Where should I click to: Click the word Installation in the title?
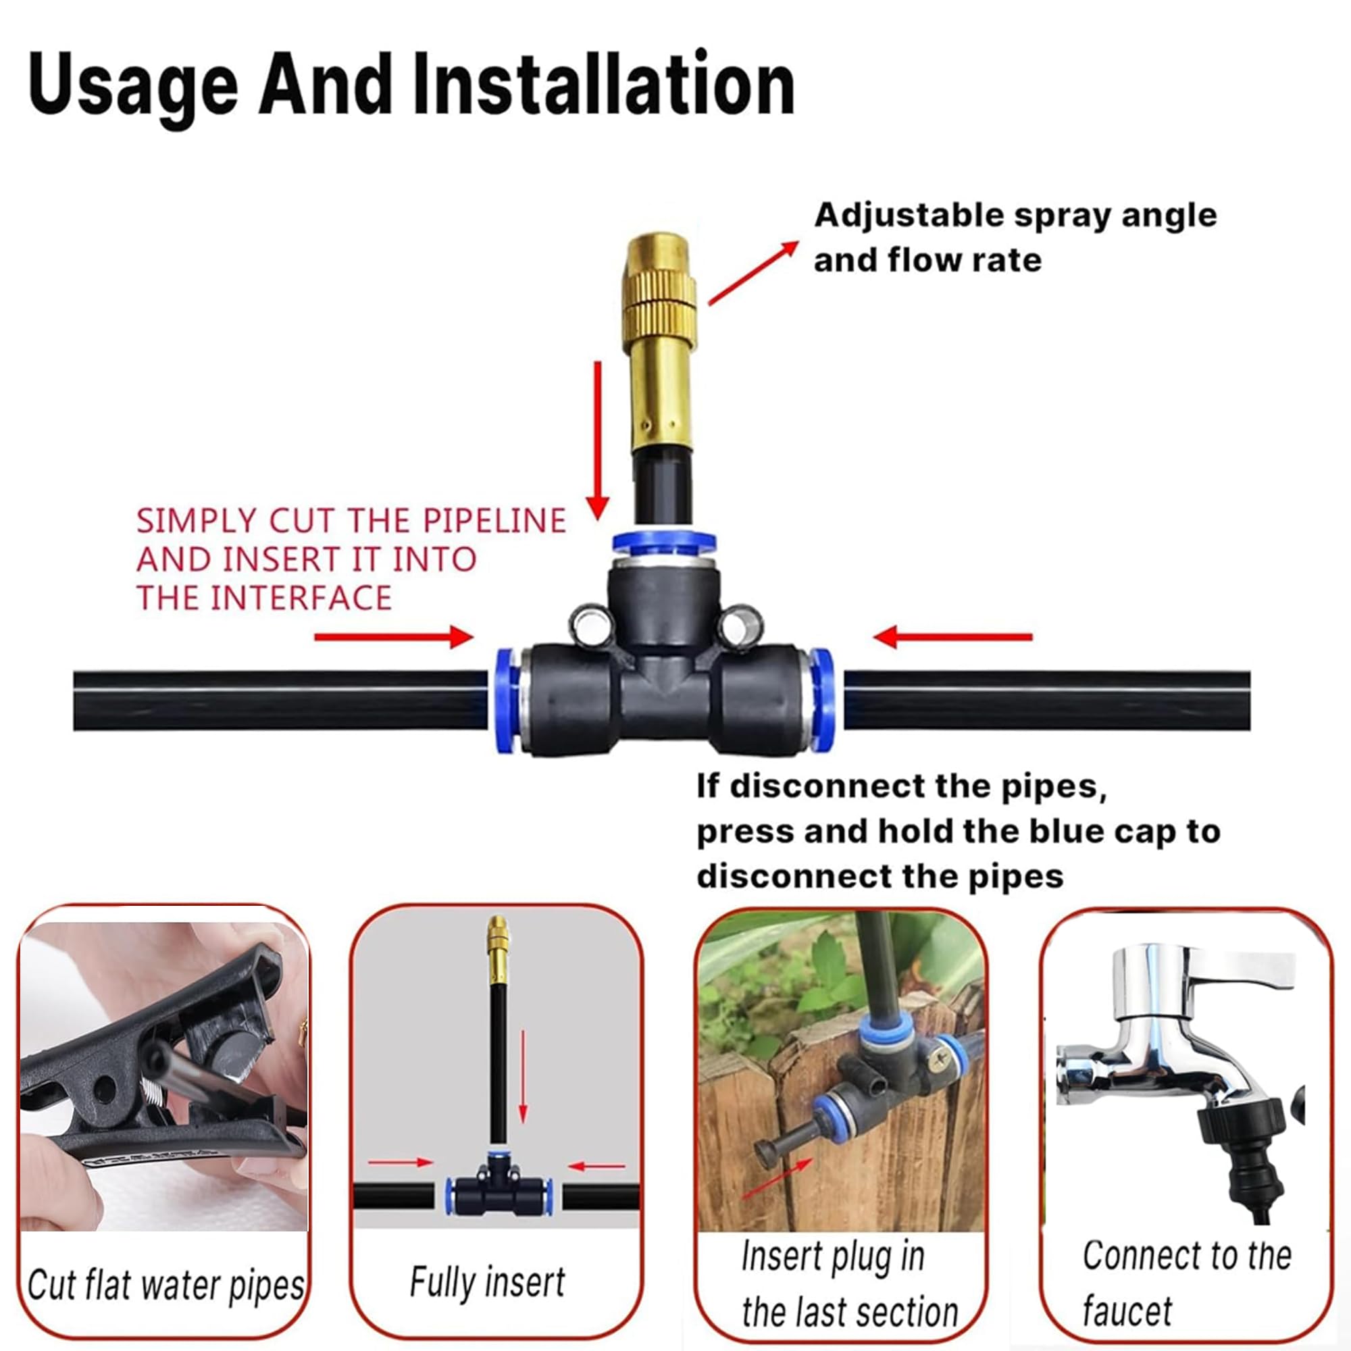click(x=604, y=84)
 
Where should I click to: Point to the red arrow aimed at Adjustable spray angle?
click(x=753, y=273)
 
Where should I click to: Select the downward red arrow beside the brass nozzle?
click(x=597, y=440)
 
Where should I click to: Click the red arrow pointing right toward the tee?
click(x=394, y=636)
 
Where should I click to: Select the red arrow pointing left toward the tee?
click(x=952, y=636)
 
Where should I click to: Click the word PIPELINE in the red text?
click(x=495, y=521)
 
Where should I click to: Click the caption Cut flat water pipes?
click(x=165, y=1285)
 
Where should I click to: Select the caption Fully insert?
click(x=486, y=1283)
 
